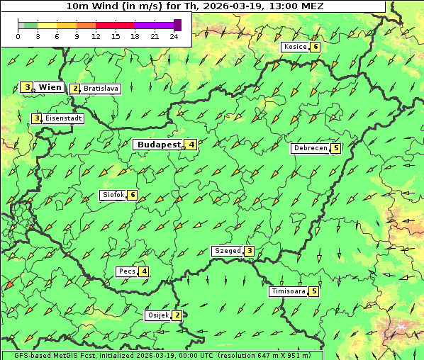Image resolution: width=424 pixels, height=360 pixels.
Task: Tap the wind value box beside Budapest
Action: [191, 145]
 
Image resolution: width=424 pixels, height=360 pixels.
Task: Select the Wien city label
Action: [50, 87]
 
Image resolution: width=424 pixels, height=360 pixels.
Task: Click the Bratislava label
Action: [100, 89]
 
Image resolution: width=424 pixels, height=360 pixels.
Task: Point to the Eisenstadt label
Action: [63, 118]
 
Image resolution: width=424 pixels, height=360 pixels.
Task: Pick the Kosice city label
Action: [294, 47]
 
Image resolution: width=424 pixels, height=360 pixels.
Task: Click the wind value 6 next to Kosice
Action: [316, 47]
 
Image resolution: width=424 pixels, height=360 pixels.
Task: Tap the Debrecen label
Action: [310, 149]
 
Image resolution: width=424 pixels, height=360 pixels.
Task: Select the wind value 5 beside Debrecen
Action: [335, 149]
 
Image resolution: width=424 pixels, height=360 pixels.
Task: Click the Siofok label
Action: [112, 195]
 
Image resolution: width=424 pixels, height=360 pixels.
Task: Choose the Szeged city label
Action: [227, 251]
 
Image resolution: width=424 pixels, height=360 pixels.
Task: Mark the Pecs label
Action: [127, 271]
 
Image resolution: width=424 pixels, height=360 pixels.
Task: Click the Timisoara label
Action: [288, 291]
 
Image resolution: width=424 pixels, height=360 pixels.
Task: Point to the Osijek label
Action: [157, 315]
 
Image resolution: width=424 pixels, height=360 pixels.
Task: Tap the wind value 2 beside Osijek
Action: [177, 315]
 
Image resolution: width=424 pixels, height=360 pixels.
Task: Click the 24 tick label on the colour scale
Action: [174, 36]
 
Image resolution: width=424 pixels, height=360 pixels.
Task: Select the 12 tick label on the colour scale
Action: [96, 36]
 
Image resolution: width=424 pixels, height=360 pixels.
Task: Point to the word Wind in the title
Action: [103, 5]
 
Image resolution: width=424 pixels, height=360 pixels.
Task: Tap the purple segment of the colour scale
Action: [154, 25]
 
